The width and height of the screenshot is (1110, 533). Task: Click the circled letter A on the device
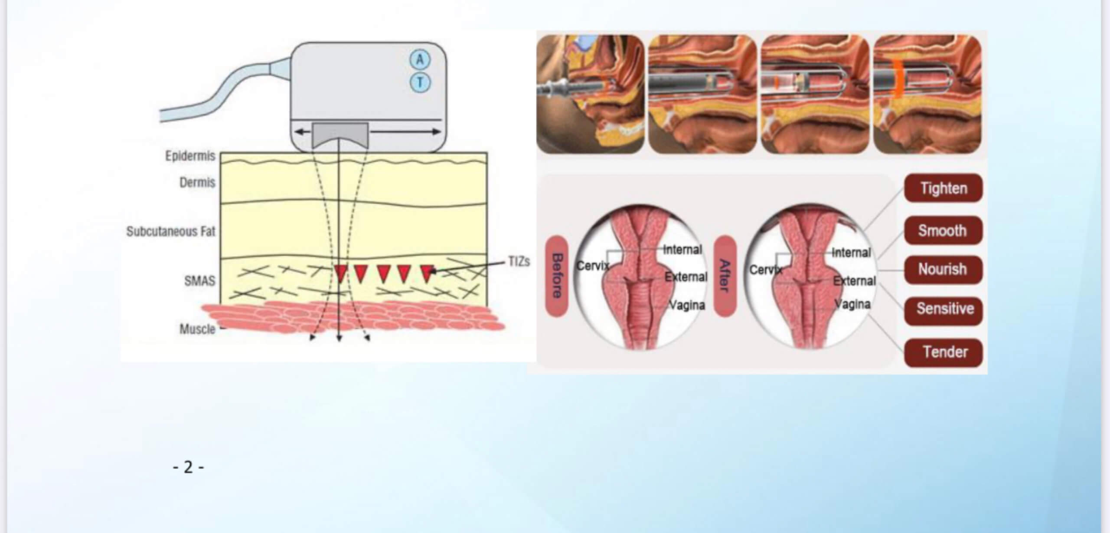click(420, 60)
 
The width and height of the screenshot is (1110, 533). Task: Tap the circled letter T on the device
click(420, 82)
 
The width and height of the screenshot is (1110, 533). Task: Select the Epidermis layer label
click(190, 156)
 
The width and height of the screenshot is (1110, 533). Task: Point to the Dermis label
click(197, 182)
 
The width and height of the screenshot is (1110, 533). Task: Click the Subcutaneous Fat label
click(171, 231)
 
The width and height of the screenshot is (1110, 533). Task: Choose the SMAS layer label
click(199, 281)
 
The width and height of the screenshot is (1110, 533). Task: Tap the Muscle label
click(198, 329)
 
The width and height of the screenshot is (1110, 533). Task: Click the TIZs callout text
click(519, 261)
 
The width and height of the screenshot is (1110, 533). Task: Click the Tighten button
click(943, 188)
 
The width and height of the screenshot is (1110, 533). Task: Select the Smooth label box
click(943, 230)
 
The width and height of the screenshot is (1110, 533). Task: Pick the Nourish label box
click(943, 270)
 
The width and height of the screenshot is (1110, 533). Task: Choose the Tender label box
click(943, 352)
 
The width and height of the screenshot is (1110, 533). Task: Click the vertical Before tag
click(557, 276)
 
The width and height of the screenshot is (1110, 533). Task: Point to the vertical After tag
click(725, 276)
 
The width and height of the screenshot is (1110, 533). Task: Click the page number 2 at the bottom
click(188, 467)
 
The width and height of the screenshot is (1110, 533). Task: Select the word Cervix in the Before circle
click(592, 266)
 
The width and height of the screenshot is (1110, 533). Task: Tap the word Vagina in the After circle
click(853, 304)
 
